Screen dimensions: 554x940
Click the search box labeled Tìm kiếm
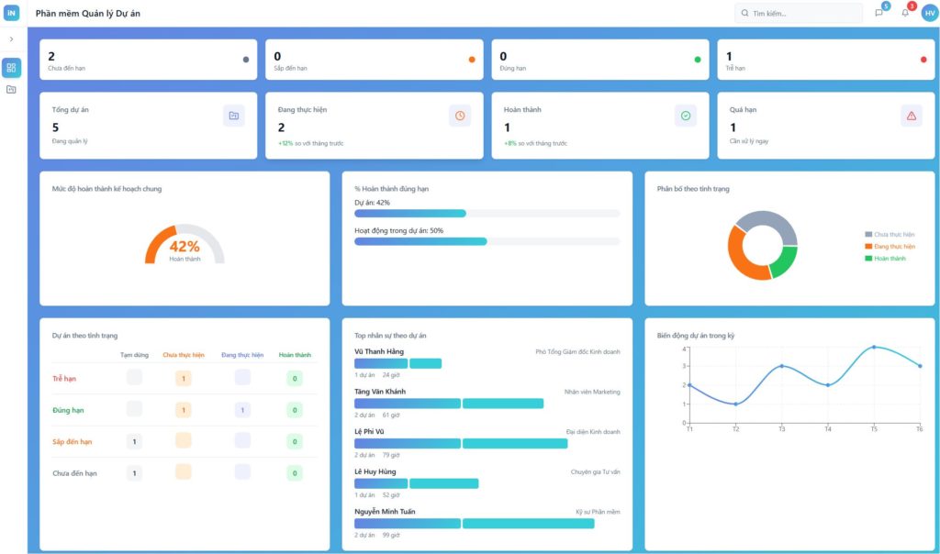pos(799,14)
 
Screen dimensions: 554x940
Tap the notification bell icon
pos(905,13)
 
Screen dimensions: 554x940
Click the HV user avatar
pos(929,13)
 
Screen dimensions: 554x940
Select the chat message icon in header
pos(878,13)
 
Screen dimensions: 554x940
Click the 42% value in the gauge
pos(185,246)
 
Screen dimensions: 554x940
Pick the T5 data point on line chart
pos(873,348)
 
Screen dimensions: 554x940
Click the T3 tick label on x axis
pos(781,429)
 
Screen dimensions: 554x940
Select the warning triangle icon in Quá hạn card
pos(911,116)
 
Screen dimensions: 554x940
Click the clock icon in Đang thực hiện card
pos(459,116)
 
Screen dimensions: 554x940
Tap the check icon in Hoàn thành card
pos(685,116)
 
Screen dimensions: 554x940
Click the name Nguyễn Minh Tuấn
pos(385,511)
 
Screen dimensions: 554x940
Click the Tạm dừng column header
pos(134,355)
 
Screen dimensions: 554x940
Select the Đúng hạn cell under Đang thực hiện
pos(242,410)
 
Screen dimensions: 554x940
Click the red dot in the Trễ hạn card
pos(923,60)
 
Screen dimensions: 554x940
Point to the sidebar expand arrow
pos(11,39)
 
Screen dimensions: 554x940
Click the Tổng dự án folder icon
pos(233,116)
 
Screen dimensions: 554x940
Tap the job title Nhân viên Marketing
pos(591,392)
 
